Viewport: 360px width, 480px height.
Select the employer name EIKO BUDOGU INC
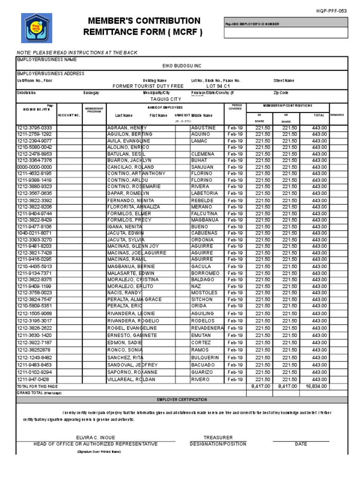pyautogui.click(x=181, y=66)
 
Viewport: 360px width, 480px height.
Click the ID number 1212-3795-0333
pyautogui.click(x=35, y=128)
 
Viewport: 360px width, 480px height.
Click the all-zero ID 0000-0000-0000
pyautogui.click(x=35, y=167)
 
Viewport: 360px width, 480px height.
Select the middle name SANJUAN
pyautogui.click(x=202, y=167)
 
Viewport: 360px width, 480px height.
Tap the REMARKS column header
pyautogui.click(x=337, y=115)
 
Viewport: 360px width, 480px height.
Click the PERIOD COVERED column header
pyautogui.click(x=235, y=107)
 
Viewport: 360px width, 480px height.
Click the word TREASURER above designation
pyautogui.click(x=218, y=437)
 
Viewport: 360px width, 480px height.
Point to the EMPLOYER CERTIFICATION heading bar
pyautogui.click(x=181, y=399)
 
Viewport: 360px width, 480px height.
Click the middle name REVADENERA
pyautogui.click(x=207, y=328)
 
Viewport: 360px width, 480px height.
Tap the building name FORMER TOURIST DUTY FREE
pyautogui.click(x=149, y=86)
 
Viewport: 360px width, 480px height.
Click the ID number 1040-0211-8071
pyautogui.click(x=35, y=233)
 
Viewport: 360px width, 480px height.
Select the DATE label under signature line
pyautogui.click(x=301, y=444)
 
